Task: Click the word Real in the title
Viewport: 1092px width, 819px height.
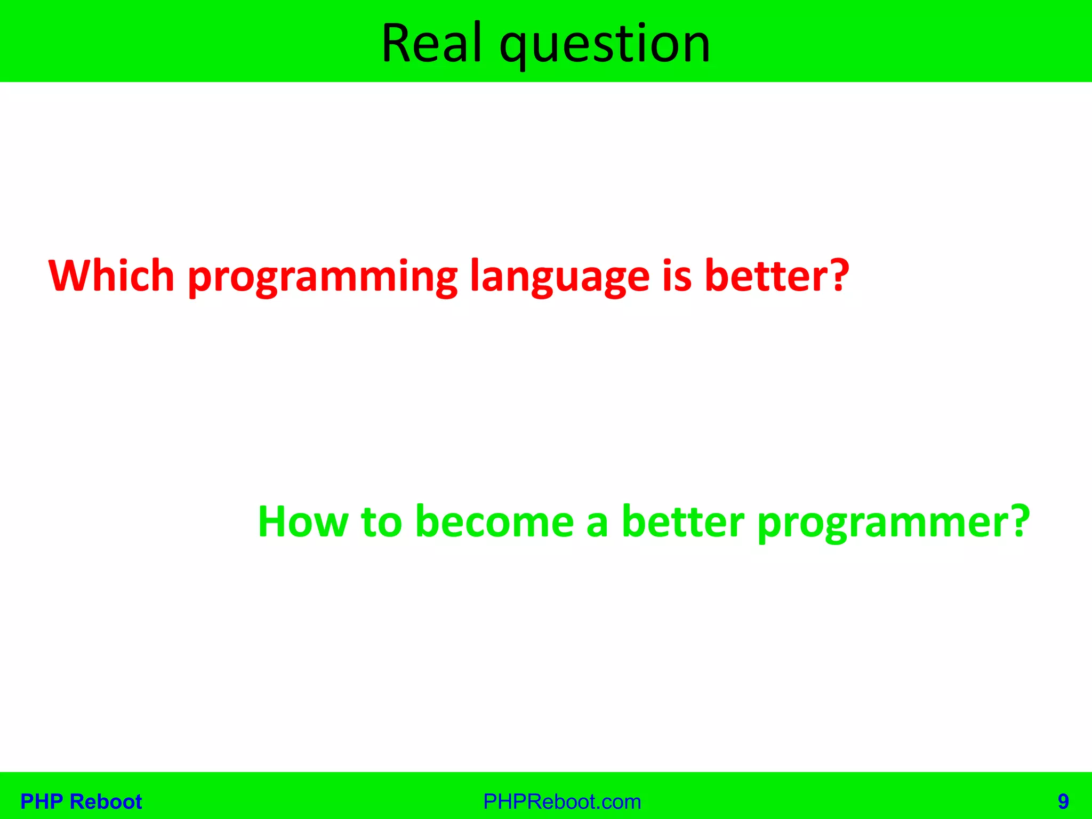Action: click(432, 44)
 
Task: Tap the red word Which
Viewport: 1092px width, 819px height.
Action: click(111, 276)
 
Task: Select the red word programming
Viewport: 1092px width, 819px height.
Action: click(323, 277)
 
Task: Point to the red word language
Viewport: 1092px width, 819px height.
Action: click(559, 277)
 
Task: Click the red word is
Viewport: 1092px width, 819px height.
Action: click(677, 276)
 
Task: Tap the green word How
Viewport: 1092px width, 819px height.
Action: click(302, 521)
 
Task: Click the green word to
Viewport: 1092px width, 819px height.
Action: click(381, 521)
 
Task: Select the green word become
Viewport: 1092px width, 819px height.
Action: click(494, 521)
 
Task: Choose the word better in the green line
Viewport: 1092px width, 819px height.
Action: click(682, 521)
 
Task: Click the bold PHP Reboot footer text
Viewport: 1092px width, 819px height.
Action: click(81, 801)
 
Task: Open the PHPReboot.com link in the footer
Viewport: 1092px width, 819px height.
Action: click(561, 801)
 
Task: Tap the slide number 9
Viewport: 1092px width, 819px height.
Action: click(1063, 801)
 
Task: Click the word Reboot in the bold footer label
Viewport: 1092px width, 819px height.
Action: click(106, 801)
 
